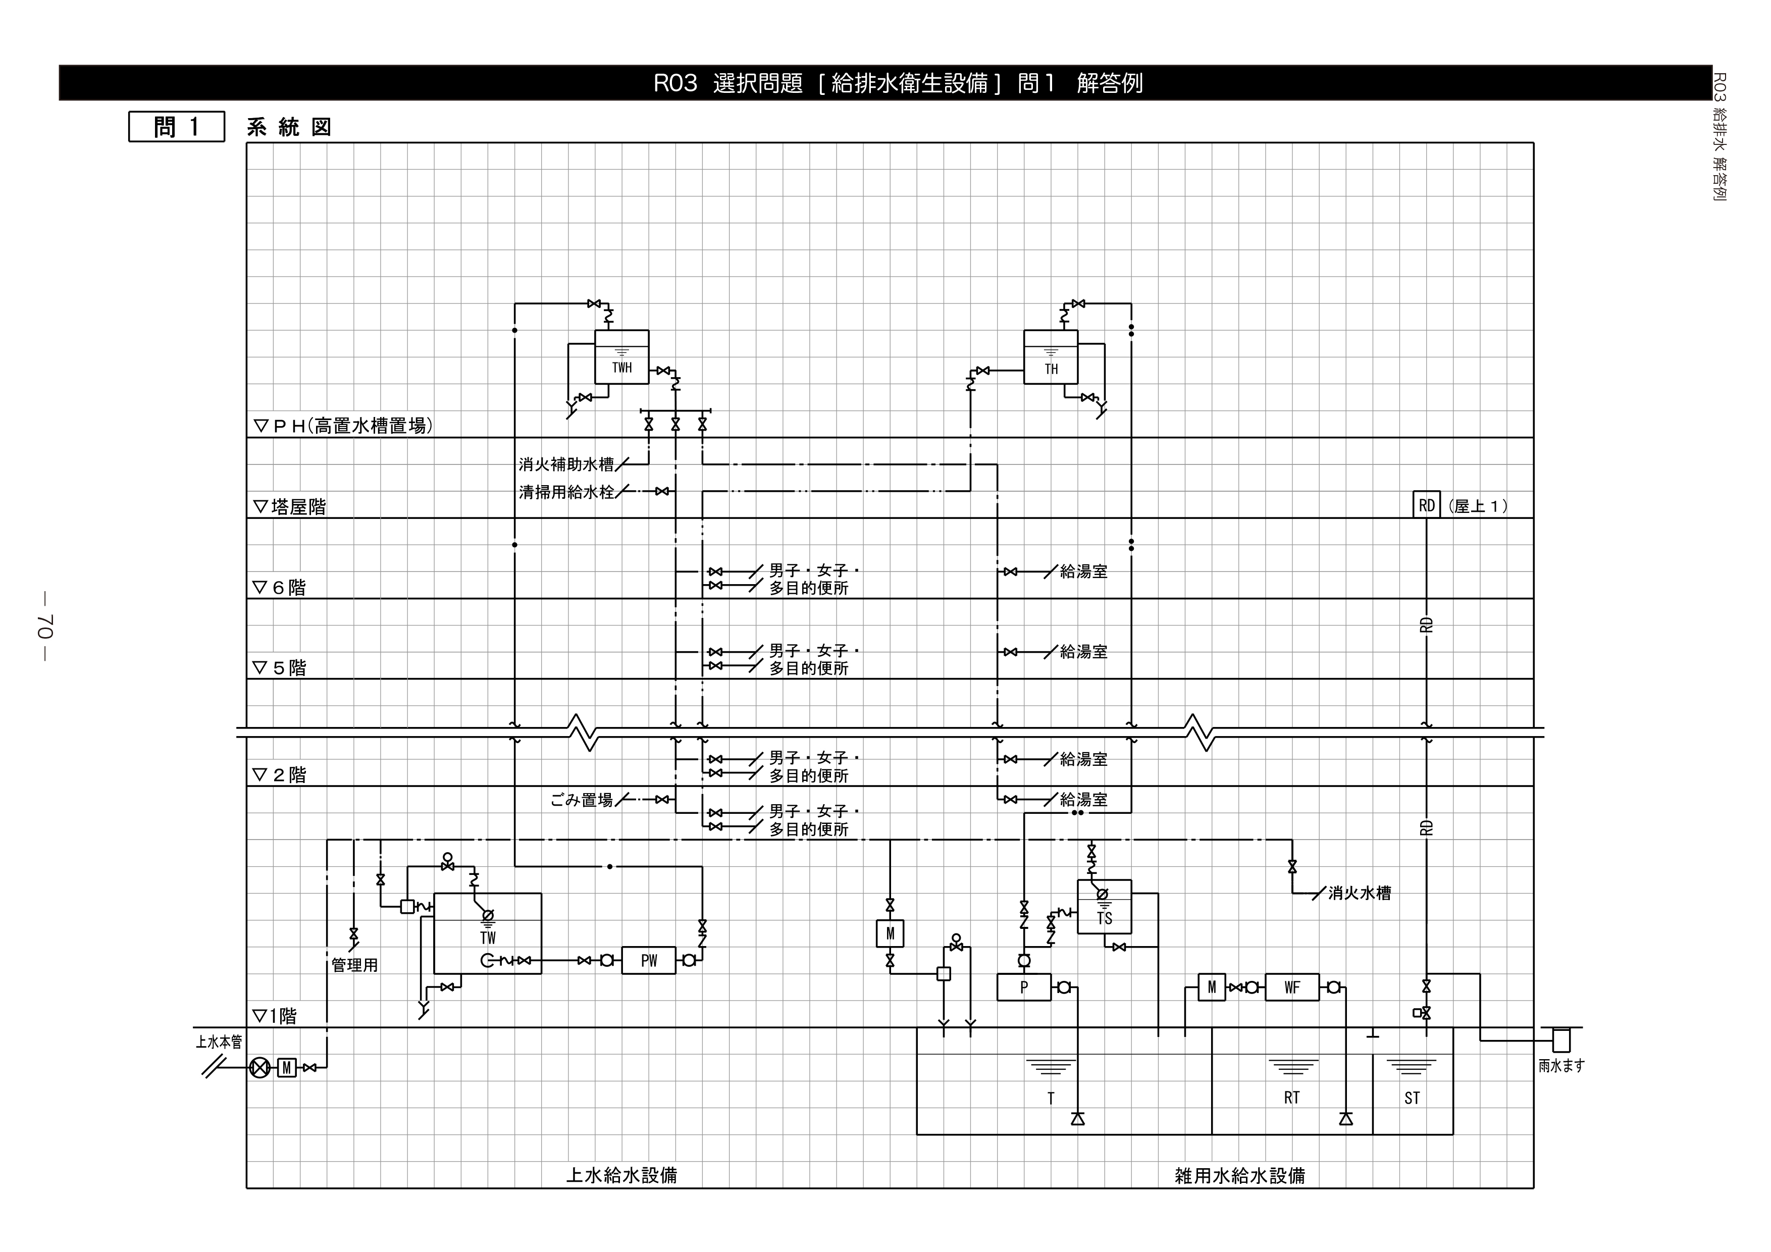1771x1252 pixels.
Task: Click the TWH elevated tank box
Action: pyautogui.click(x=621, y=357)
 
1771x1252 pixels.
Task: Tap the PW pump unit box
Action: pyautogui.click(x=649, y=960)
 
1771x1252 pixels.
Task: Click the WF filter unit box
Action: pyautogui.click(x=1292, y=987)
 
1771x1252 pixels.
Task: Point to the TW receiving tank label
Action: pyautogui.click(x=488, y=938)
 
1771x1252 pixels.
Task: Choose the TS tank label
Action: pyautogui.click(x=1105, y=919)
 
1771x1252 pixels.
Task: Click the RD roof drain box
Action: pyautogui.click(x=1426, y=505)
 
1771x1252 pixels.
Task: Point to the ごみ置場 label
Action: pyautogui.click(x=582, y=800)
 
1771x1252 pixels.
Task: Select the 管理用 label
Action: pyautogui.click(x=355, y=965)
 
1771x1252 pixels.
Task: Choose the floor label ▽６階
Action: pyautogui.click(x=279, y=588)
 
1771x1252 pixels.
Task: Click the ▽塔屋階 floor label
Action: pyautogui.click(x=289, y=507)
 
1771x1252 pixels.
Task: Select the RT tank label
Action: pyautogui.click(x=1291, y=1098)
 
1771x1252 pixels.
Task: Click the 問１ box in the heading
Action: pyautogui.click(x=177, y=127)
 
